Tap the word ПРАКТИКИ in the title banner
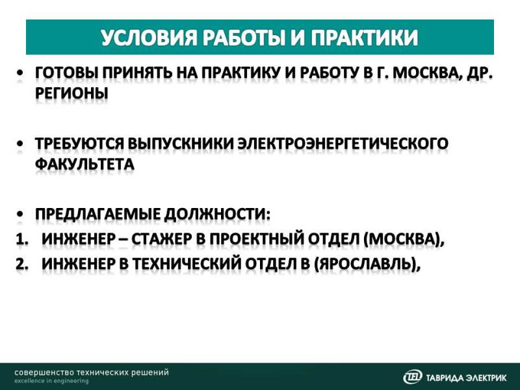click(364, 37)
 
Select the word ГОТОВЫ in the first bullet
click(66, 73)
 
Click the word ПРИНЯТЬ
click(138, 73)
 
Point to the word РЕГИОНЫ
click(71, 94)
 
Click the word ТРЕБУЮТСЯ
click(79, 144)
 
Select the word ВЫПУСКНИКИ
click(181, 144)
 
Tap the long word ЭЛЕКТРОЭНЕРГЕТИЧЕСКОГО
click(343, 144)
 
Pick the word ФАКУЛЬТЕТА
click(84, 164)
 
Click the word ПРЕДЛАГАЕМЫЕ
click(97, 214)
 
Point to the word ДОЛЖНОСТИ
click(217, 214)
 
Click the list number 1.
click(21, 239)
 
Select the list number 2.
click(21, 264)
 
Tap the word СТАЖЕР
click(161, 239)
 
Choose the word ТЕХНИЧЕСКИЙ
click(187, 264)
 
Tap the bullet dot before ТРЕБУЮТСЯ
click(21, 144)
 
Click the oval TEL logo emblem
click(413, 377)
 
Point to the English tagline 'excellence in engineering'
click(51, 382)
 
